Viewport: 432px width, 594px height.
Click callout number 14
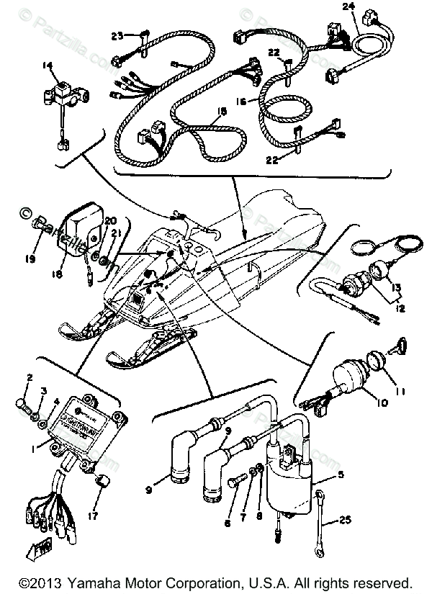(x=48, y=66)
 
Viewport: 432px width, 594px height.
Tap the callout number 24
(x=348, y=6)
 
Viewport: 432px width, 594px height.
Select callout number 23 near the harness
(x=117, y=35)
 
